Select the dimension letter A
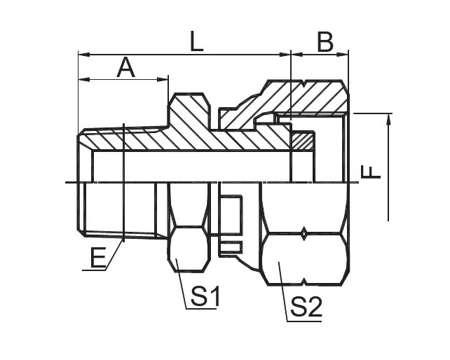[x=125, y=68]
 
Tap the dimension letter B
[x=325, y=42]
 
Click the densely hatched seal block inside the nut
[x=302, y=142]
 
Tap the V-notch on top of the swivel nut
[x=304, y=83]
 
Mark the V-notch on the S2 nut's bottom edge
[x=304, y=283]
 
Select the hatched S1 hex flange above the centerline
[x=188, y=112]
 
